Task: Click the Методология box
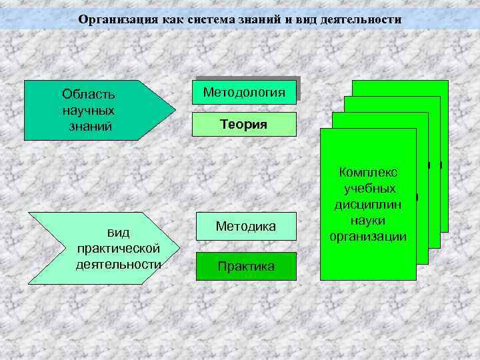point(244,91)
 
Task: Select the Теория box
point(244,125)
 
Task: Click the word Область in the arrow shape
point(88,94)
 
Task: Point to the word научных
point(88,109)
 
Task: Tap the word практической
point(118,248)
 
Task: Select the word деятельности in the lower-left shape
point(118,263)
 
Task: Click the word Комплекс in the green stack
point(368,173)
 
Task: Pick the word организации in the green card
point(368,237)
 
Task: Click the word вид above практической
point(118,233)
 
